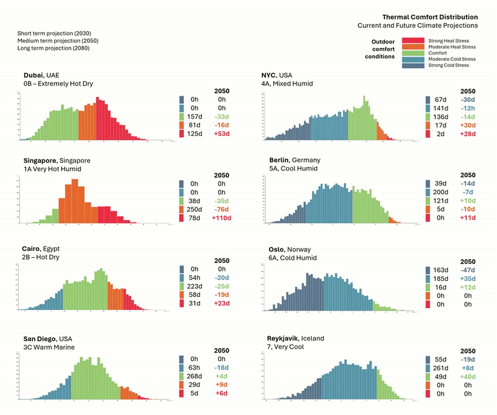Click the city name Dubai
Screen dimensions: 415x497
(x=35, y=75)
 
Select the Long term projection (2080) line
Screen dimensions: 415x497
(x=53, y=48)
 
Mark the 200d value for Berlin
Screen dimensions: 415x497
(x=440, y=193)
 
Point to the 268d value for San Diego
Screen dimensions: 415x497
(x=194, y=376)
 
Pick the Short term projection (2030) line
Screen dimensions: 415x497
(x=54, y=32)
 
